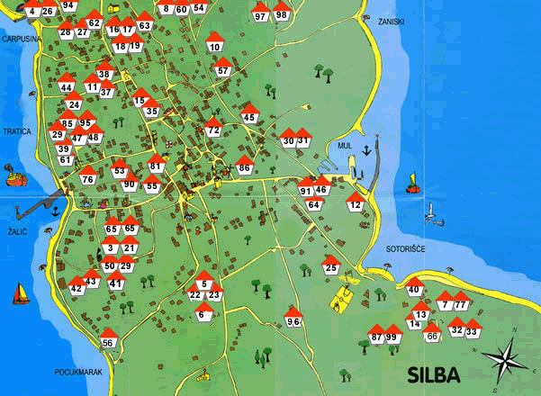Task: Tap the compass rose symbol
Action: pyautogui.click(x=507, y=360)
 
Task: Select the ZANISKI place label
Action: pyautogui.click(x=391, y=21)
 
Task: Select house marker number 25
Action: pyautogui.click(x=330, y=266)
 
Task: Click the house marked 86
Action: pyautogui.click(x=244, y=166)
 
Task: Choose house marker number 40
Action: pyautogui.click(x=414, y=288)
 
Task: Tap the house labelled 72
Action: pyautogui.click(x=212, y=129)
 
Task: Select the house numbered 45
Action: pyautogui.click(x=250, y=115)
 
